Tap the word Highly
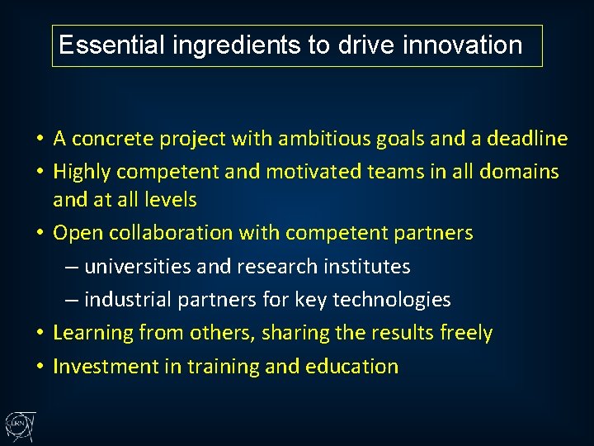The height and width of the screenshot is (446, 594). point(82,172)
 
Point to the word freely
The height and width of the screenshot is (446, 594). point(466,333)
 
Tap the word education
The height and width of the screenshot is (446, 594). point(352,366)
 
